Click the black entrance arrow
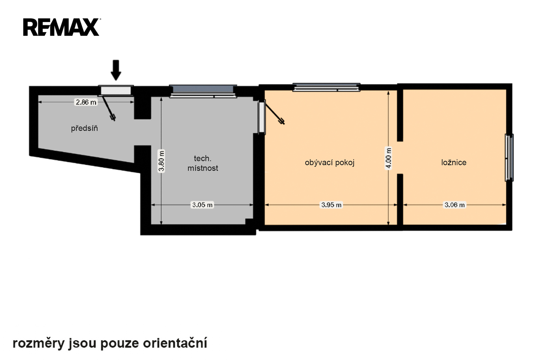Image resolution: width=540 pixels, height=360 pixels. (x=116, y=70)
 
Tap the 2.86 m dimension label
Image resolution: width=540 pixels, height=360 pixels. (x=86, y=102)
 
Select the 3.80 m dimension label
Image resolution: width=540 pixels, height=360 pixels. (x=161, y=161)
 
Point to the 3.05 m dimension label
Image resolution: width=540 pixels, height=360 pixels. (x=202, y=205)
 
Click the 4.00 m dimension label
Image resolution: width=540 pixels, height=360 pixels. (x=388, y=158)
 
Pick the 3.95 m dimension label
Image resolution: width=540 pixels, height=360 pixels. (x=331, y=205)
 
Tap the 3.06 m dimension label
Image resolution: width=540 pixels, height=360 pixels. (x=454, y=205)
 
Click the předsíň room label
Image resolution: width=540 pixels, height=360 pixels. (x=84, y=128)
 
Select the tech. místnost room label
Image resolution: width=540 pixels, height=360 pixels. (x=203, y=163)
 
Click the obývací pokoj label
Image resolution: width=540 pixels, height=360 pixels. (x=329, y=163)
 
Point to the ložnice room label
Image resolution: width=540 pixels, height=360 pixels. (x=454, y=162)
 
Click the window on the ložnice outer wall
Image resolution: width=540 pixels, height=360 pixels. (x=509, y=158)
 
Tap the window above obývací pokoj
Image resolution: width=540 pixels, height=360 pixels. (x=326, y=87)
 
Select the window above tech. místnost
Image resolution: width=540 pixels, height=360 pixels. (x=203, y=91)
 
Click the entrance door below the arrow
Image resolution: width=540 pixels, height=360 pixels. (x=116, y=91)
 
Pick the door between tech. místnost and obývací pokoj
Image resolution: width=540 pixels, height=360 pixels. (x=262, y=117)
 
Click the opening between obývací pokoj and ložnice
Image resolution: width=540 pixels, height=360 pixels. (x=400, y=158)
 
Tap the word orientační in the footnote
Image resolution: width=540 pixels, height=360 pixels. (x=175, y=343)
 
